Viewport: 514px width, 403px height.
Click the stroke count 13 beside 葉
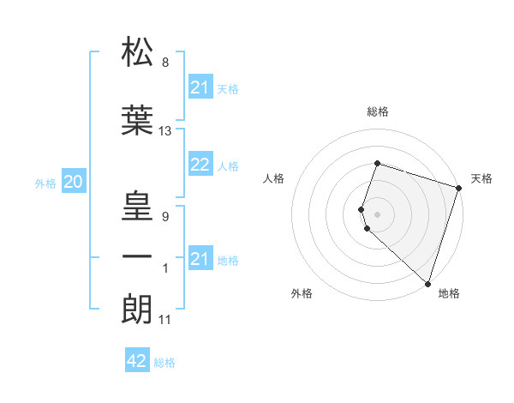coord(165,131)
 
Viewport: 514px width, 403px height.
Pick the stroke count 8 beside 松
coord(165,63)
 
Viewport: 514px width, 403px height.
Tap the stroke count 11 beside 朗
coord(165,320)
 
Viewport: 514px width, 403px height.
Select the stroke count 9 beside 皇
coord(165,216)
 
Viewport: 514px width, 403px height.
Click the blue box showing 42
coord(137,361)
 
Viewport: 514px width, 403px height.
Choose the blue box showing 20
coord(74,182)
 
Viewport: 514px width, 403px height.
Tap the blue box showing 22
coord(200,165)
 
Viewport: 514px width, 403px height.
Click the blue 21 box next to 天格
coord(200,87)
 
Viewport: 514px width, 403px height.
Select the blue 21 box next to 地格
coord(200,259)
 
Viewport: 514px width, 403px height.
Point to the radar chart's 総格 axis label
coord(378,111)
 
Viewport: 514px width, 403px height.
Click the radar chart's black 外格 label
coord(302,293)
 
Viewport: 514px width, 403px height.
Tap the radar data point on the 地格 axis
coord(427,283)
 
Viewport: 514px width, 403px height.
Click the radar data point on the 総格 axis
coord(377,163)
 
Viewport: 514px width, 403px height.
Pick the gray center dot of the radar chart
coord(377,214)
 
